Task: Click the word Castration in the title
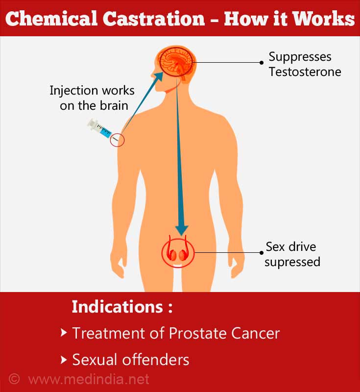pos(154,19)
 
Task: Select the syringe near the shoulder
pos(100,128)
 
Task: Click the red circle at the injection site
pos(117,140)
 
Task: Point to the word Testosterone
pos(305,72)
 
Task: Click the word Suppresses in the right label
pos(300,57)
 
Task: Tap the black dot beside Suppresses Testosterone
pos(262,63)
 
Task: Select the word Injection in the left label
pos(73,91)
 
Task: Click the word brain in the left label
pos(114,105)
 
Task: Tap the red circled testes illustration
pos(178,252)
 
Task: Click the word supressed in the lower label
pos(292,263)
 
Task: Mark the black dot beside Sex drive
pos(262,253)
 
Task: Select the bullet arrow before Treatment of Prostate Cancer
pos(64,333)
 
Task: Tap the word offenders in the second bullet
pos(155,360)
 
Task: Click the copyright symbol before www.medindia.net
pos(14,379)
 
